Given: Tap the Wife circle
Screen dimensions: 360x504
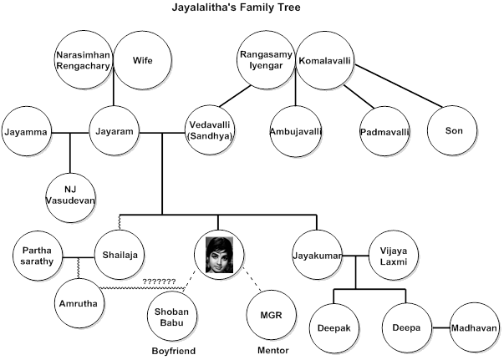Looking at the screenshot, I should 143,60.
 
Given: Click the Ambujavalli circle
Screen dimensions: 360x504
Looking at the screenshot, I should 296,132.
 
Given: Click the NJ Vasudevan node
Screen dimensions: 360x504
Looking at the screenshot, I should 71,189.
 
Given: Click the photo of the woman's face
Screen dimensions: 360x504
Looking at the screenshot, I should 218,254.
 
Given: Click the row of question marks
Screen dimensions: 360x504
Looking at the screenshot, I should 159,281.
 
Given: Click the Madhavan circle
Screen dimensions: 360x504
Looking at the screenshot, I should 473,327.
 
